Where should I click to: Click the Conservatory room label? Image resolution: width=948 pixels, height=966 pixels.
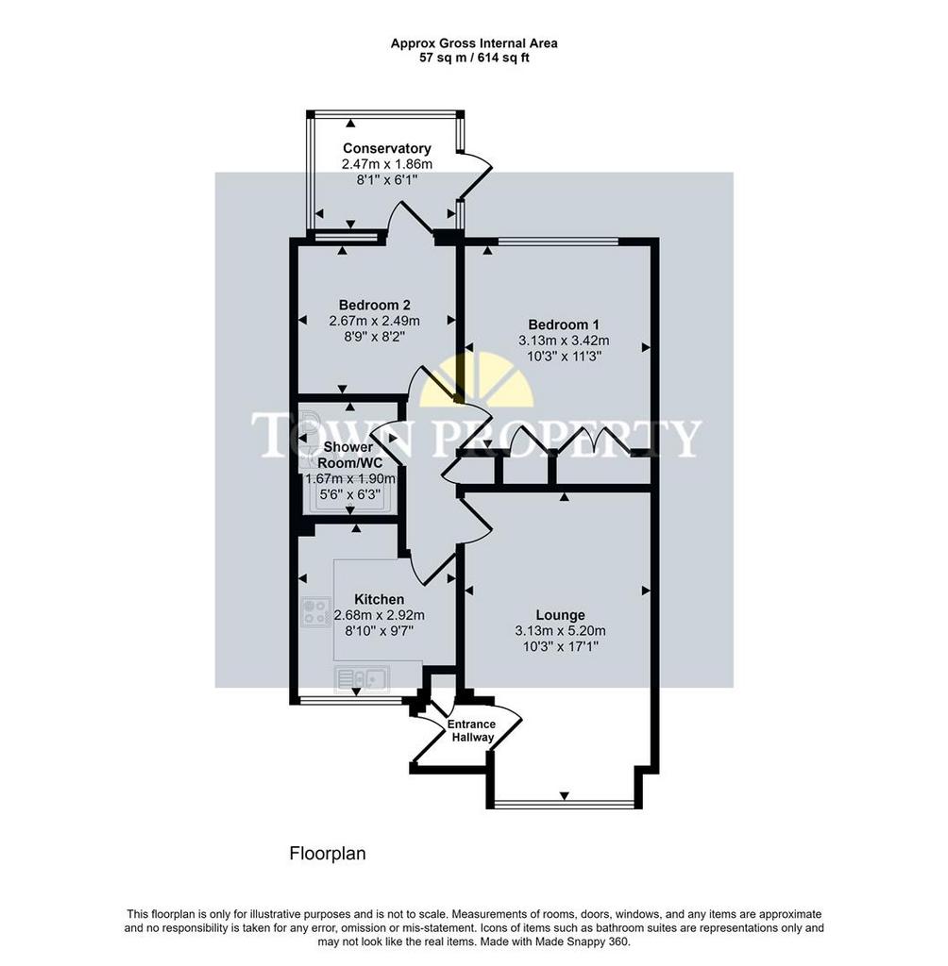click(387, 148)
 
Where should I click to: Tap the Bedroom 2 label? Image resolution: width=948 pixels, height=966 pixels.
click(375, 305)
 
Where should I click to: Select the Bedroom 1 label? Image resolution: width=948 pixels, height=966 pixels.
click(563, 325)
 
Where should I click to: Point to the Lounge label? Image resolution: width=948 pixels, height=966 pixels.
click(560, 615)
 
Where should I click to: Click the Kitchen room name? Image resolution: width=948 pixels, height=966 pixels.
click(380, 599)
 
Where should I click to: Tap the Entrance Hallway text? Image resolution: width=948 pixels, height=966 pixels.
click(472, 731)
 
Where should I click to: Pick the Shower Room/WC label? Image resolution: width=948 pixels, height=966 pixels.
click(349, 455)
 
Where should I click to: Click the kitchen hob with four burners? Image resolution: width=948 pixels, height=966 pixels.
click(315, 612)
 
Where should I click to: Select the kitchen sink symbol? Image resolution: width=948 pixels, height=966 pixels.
click(362, 679)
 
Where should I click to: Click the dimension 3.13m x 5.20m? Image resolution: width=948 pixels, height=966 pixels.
click(560, 631)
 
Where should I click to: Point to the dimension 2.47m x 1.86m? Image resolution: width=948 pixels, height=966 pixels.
click(387, 164)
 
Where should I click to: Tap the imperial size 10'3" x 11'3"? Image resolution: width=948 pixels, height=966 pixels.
click(564, 356)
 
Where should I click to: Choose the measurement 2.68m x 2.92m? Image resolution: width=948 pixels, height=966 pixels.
click(380, 615)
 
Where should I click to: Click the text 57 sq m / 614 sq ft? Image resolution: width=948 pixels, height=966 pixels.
click(474, 58)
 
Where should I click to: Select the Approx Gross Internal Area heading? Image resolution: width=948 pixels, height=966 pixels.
click(474, 43)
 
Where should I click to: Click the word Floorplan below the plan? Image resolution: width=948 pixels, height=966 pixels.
click(328, 853)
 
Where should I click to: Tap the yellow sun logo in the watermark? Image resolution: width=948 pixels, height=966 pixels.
click(476, 379)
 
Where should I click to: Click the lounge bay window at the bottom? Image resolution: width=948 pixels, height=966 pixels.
click(565, 804)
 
